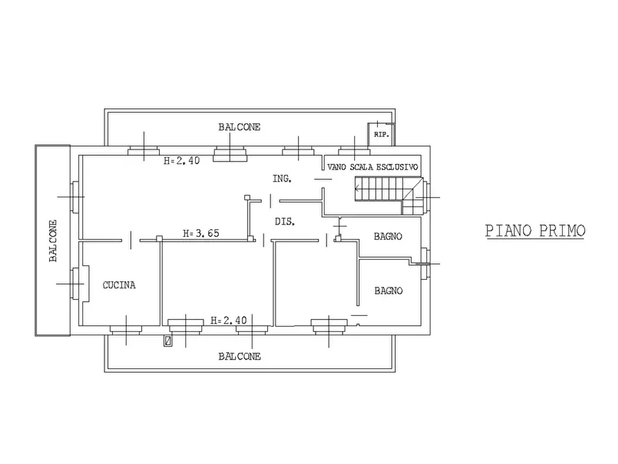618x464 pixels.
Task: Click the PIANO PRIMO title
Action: (535, 231)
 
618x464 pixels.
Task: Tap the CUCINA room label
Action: (119, 285)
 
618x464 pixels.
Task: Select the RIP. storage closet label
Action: (381, 134)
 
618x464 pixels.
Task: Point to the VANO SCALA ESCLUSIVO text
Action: (372, 167)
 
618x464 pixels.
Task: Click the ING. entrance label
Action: (282, 179)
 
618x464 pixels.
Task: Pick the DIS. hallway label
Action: (285, 222)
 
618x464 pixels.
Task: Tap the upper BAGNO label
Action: (388, 236)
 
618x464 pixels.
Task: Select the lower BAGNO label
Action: (389, 291)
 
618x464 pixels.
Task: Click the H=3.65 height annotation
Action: (201, 233)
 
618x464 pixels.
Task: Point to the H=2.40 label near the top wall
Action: (182, 161)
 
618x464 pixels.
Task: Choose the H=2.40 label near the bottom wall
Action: (228, 321)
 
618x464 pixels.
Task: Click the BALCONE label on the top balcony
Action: (239, 127)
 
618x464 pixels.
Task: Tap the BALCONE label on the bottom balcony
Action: (239, 357)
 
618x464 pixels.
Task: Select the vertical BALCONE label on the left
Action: (53, 241)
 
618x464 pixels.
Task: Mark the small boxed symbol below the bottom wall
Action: (168, 341)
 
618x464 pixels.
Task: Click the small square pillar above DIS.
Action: (247, 197)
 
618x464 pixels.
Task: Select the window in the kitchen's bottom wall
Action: (126, 330)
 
